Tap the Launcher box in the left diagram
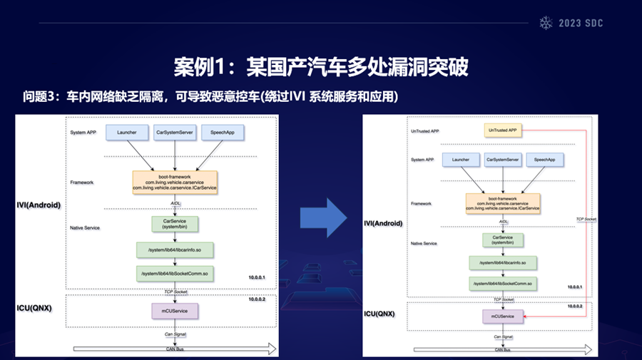(x=127, y=132)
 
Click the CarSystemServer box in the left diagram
(x=175, y=132)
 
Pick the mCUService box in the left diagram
(x=175, y=310)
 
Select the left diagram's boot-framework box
(x=175, y=182)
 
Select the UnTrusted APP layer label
(x=425, y=132)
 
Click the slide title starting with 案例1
(x=320, y=67)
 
